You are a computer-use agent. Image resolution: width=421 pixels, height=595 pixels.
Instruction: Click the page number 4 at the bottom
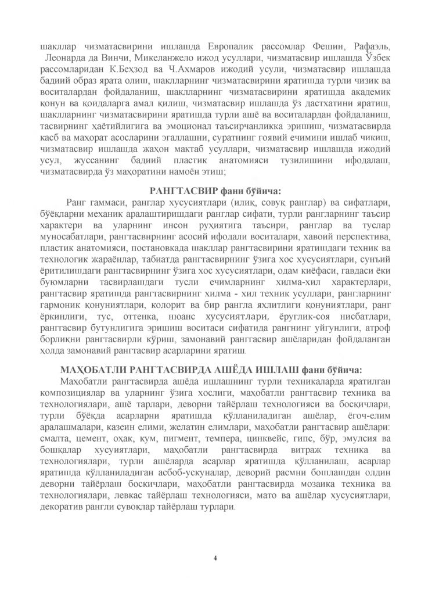(x=215, y=559)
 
